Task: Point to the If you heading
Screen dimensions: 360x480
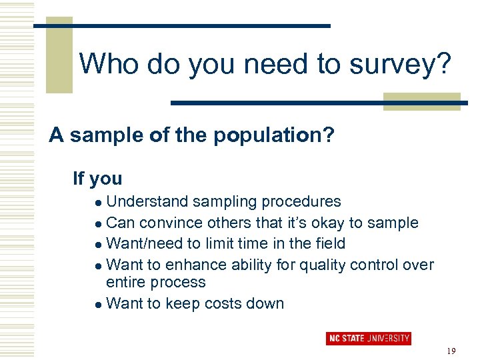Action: click(x=97, y=178)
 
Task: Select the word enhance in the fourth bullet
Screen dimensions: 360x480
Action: click(x=198, y=265)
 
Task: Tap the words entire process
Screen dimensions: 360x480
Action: click(x=156, y=282)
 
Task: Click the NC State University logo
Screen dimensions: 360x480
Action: click(x=368, y=339)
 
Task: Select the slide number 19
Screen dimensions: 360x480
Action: click(x=451, y=351)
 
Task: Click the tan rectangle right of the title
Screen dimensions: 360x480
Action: click(x=421, y=101)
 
